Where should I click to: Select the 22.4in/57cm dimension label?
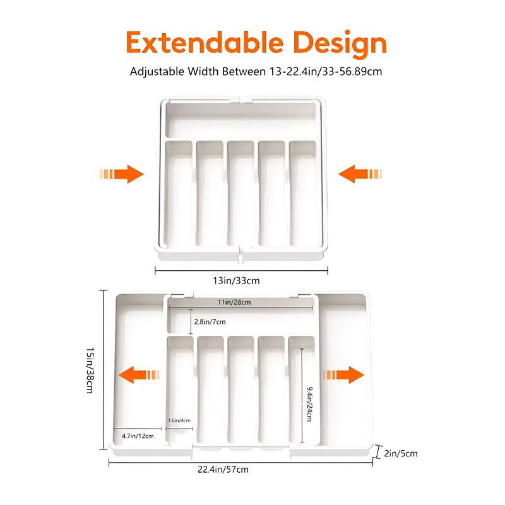click(240, 469)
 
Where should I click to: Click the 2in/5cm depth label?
click(400, 453)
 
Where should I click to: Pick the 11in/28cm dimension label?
click(234, 302)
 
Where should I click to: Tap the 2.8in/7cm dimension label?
click(210, 322)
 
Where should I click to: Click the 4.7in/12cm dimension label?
click(138, 436)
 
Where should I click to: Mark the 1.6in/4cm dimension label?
click(179, 420)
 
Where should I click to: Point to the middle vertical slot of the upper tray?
click(241, 193)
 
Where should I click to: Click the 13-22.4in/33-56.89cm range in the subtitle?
click(324, 71)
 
